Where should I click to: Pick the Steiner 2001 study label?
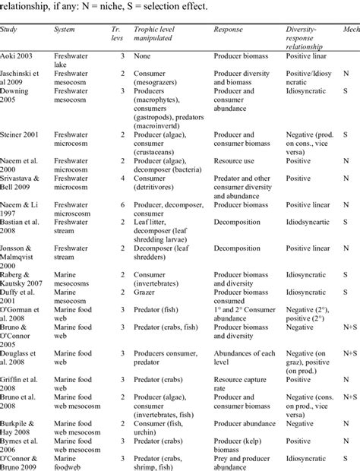click(24, 134)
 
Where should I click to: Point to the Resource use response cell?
click(236, 161)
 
